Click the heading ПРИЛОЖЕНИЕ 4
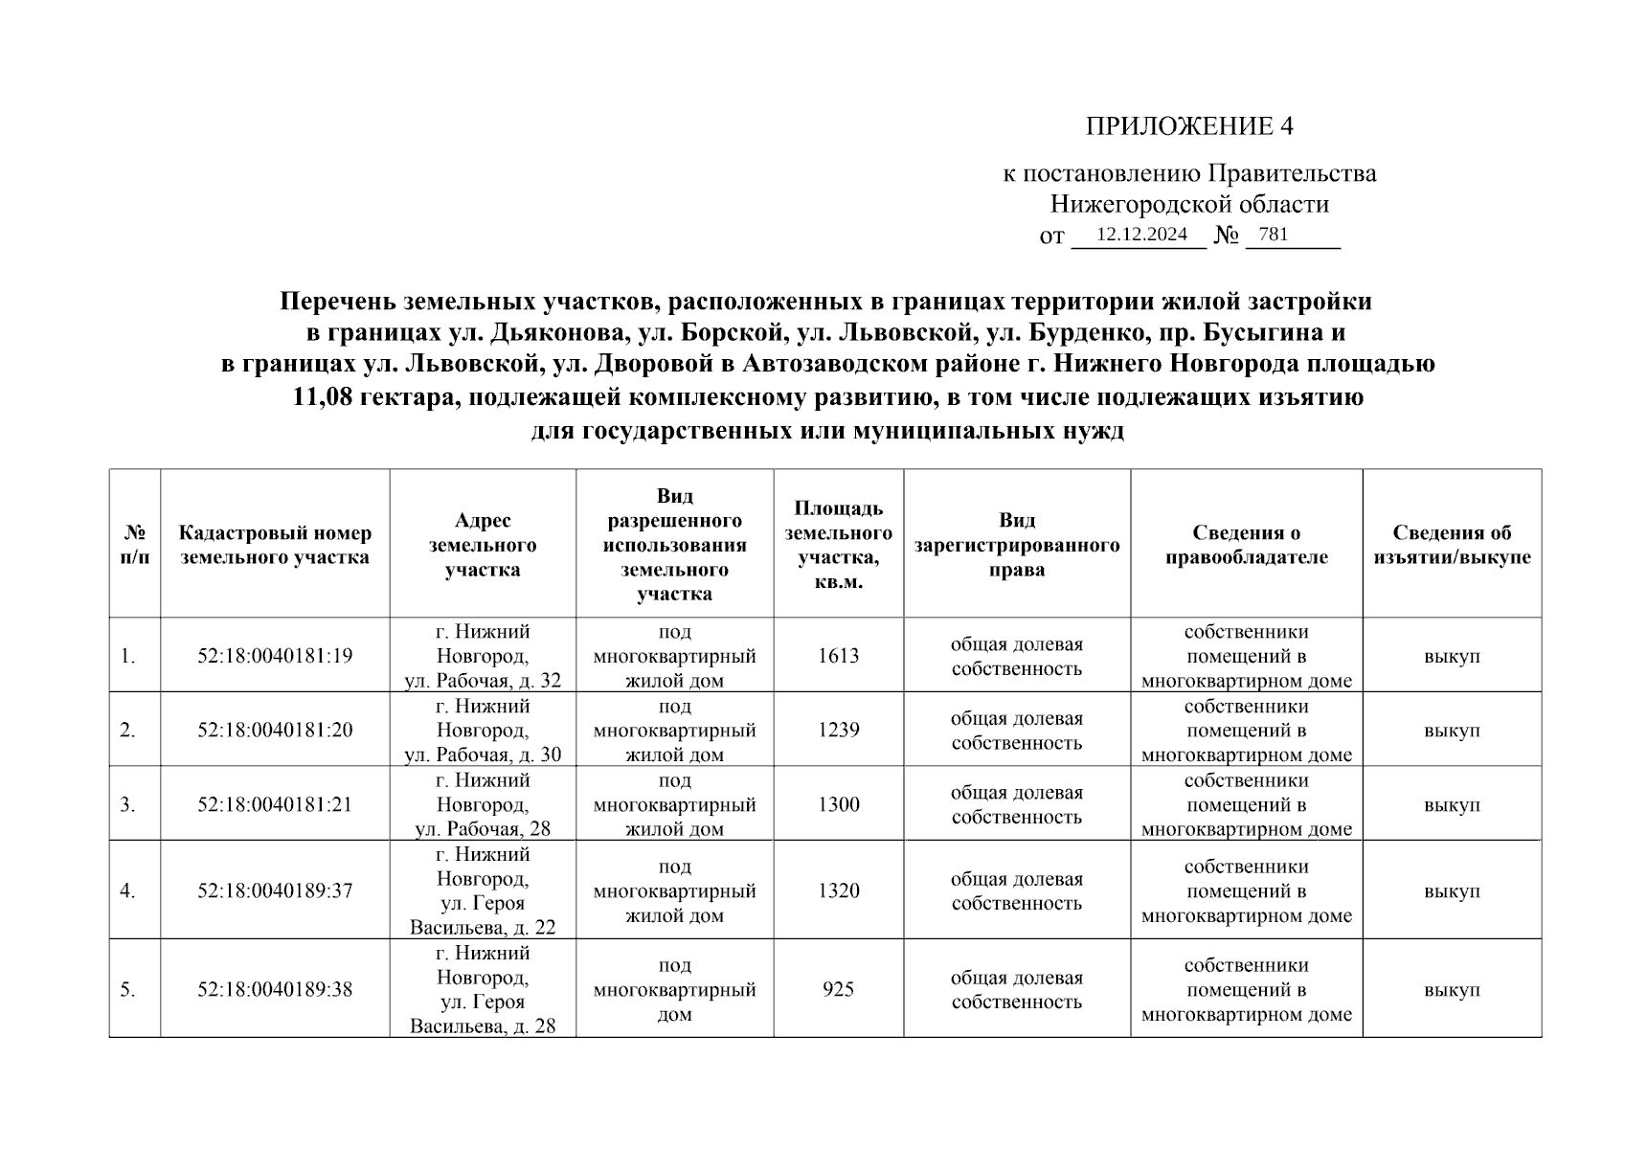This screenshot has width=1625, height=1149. pos(1188,126)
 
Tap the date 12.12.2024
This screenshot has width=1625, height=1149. pos(1141,235)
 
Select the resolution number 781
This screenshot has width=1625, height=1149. pos(1273,235)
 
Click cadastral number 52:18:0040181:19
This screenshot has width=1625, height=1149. pos(275,656)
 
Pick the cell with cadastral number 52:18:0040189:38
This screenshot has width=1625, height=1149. pos(275,989)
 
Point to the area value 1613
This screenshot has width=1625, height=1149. pos(838,656)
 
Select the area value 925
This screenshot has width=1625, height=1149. pos(838,989)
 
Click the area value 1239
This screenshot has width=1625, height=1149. pos(838,730)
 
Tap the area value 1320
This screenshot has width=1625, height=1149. pos(838,890)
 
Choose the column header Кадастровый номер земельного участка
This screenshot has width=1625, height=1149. pos(275,545)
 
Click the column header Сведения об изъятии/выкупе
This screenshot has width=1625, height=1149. pos(1452,545)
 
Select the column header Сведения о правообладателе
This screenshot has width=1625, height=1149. pos(1246,545)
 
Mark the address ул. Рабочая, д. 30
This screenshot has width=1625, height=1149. pos(483,755)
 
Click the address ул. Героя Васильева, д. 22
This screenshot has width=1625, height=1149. pos(483,915)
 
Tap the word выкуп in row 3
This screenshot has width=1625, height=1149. pos(1452,804)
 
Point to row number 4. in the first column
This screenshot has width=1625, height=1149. pos(127,890)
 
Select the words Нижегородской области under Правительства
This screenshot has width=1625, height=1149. pos(1188,204)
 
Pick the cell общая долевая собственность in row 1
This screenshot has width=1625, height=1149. pos(1016,656)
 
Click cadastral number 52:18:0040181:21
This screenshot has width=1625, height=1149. pos(275,804)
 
